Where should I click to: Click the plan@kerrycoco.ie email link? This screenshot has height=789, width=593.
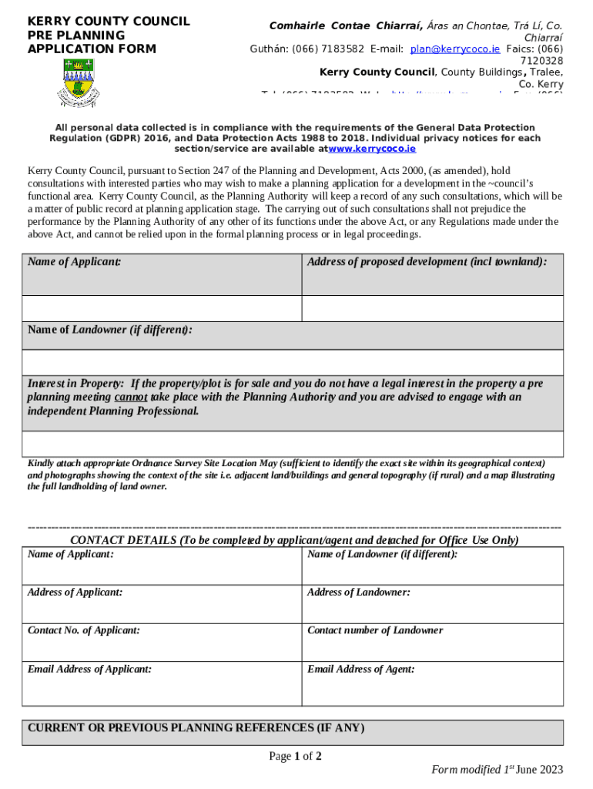coord(454,49)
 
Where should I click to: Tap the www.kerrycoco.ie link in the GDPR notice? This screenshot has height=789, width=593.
coord(372,149)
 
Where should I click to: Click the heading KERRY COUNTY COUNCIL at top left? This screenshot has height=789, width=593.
coord(109,21)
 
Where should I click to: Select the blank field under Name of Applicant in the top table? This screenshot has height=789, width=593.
coord(162,308)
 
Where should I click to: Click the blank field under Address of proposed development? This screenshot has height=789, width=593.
coord(432,308)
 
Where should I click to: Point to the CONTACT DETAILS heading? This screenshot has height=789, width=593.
coord(294,540)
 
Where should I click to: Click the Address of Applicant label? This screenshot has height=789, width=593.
coord(75,593)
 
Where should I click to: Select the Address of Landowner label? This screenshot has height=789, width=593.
coord(358,593)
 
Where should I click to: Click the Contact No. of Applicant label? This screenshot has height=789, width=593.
coord(84,630)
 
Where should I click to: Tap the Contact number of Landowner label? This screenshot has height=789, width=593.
coord(375,630)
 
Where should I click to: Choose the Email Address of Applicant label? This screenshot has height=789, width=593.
coord(89,669)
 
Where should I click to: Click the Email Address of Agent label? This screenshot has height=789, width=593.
coord(360,669)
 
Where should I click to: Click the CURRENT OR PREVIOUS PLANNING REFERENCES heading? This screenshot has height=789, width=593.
coord(196,728)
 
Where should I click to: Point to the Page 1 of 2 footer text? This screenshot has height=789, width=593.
coord(295,756)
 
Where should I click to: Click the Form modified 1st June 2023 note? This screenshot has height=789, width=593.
coord(497,769)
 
